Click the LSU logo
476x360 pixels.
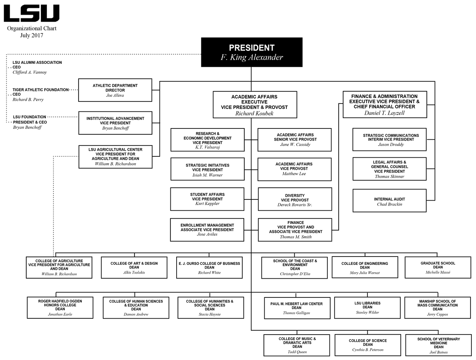pyautogui.click(x=31, y=13)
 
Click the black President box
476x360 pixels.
pyautogui.click(x=251, y=52)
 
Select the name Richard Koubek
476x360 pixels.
pyautogui.click(x=254, y=113)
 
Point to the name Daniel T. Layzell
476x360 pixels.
pyautogui.click(x=385, y=113)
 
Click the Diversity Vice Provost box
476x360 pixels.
pyautogui.click(x=295, y=200)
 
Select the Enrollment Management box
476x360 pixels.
pyautogui.click(x=207, y=229)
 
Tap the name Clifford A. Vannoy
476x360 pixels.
pyautogui.click(x=30, y=73)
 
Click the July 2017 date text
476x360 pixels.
pyautogui.click(x=32, y=35)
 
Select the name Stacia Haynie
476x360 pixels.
pyautogui.click(x=210, y=314)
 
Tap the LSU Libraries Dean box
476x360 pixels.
pyautogui.click(x=367, y=308)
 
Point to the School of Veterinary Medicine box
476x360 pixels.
pyautogui.click(x=438, y=345)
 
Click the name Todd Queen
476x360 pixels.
pyautogui.click(x=297, y=352)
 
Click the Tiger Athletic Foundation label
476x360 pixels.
pyautogui.click(x=40, y=90)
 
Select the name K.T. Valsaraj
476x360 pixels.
pyautogui.click(x=208, y=147)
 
